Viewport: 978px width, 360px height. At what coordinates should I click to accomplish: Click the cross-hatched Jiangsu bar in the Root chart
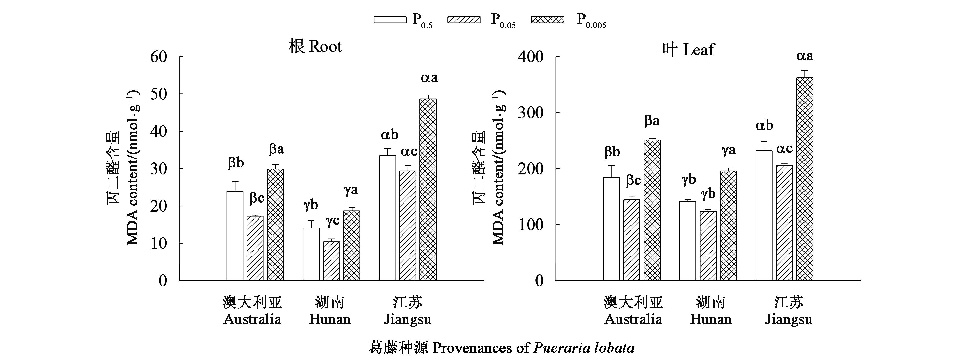(428, 190)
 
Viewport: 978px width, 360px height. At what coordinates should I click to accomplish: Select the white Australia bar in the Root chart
(235, 236)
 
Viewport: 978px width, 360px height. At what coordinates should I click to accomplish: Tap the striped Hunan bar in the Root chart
(332, 261)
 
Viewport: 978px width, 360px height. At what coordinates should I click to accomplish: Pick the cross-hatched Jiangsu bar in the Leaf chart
(805, 179)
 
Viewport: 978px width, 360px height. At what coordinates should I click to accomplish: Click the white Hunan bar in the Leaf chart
(688, 241)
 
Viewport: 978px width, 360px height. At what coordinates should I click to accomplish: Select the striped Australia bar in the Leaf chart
(631, 240)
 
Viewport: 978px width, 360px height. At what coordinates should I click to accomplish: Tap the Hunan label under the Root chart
(329, 319)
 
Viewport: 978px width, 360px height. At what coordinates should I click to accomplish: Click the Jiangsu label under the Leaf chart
(788, 319)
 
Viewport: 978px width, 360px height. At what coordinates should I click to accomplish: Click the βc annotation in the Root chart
(257, 198)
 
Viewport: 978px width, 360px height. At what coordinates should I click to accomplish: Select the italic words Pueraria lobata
(584, 348)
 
